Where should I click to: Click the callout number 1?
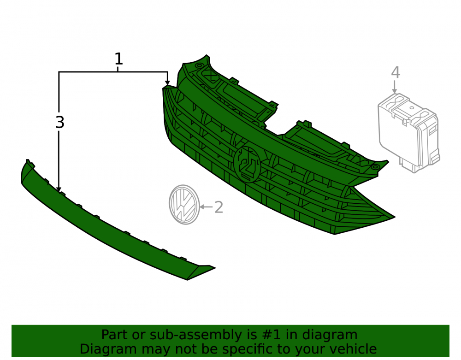tap(118, 59)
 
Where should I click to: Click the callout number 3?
tap(59, 122)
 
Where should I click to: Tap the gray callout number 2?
tap(219, 207)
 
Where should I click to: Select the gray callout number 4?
tap(396, 72)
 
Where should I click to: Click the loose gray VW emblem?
tap(184, 205)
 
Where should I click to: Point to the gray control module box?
tap(408, 133)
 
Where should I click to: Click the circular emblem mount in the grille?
tap(247, 164)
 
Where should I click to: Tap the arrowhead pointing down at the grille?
tap(167, 83)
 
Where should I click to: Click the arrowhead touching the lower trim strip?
tap(59, 189)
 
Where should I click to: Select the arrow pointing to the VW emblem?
tap(207, 207)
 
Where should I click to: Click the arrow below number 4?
tap(395, 87)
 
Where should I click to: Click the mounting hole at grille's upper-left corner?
tap(199, 65)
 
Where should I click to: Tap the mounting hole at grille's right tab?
tap(375, 167)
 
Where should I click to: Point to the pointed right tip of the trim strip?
tap(215, 268)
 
